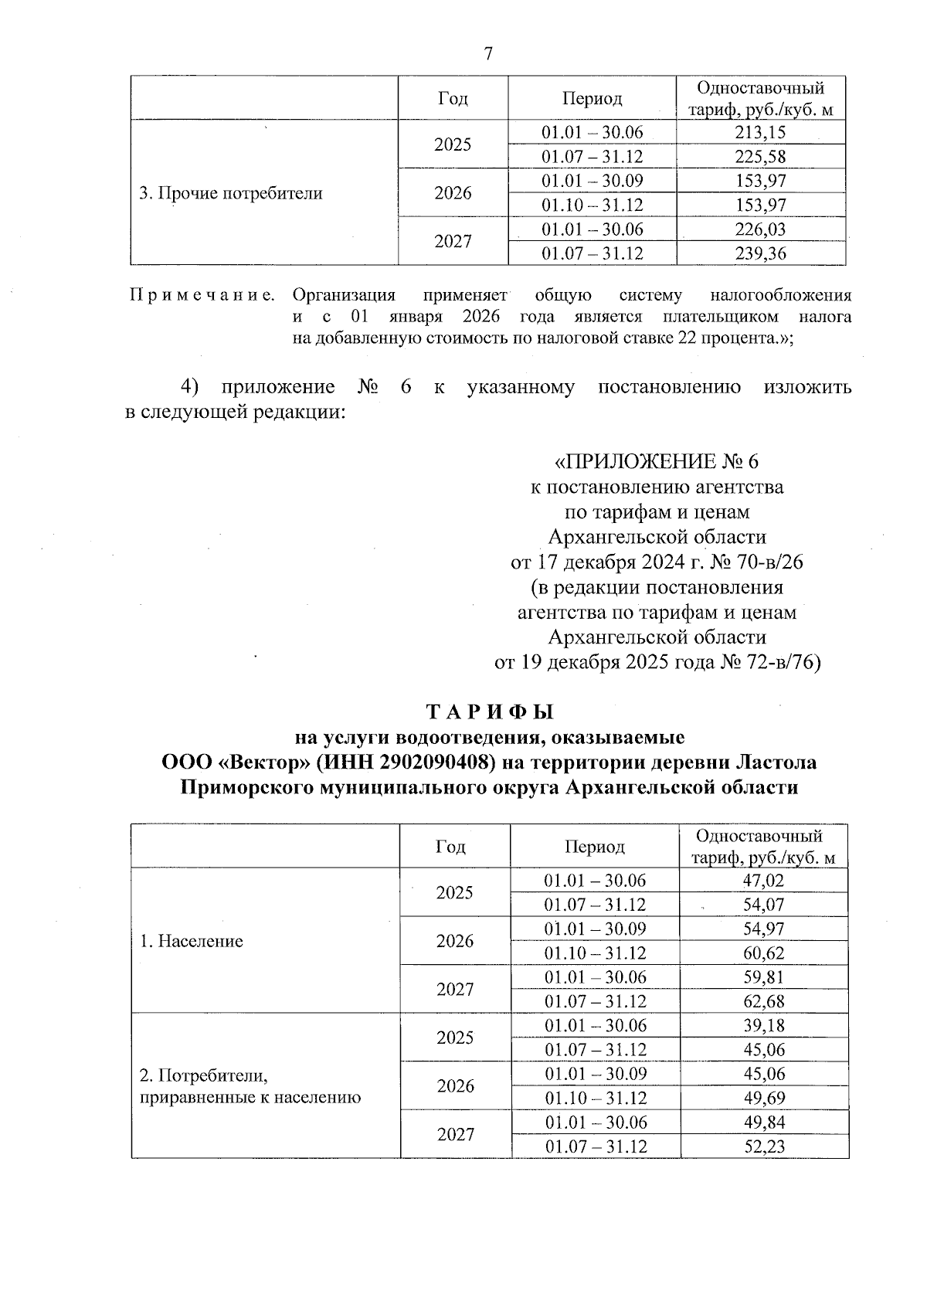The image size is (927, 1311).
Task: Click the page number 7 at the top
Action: tap(487, 54)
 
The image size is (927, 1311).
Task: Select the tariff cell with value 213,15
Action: tap(760, 133)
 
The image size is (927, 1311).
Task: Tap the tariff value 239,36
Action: tap(760, 253)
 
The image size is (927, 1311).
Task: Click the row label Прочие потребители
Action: tap(230, 193)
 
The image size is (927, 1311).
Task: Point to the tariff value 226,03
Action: tap(760, 229)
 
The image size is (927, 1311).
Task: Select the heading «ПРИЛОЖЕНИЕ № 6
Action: tap(657, 462)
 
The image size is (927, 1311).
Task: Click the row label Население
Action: tap(192, 941)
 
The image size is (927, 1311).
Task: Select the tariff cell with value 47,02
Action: tap(762, 881)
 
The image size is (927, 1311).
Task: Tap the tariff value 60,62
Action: tap(762, 953)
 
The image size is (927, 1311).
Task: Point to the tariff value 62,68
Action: tap(762, 1001)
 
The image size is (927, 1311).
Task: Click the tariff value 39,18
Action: tap(762, 1025)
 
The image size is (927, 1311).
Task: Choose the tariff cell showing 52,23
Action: tap(762, 1146)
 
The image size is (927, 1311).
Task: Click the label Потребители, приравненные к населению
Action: tap(250, 1086)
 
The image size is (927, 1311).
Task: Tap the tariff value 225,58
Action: tap(760, 157)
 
